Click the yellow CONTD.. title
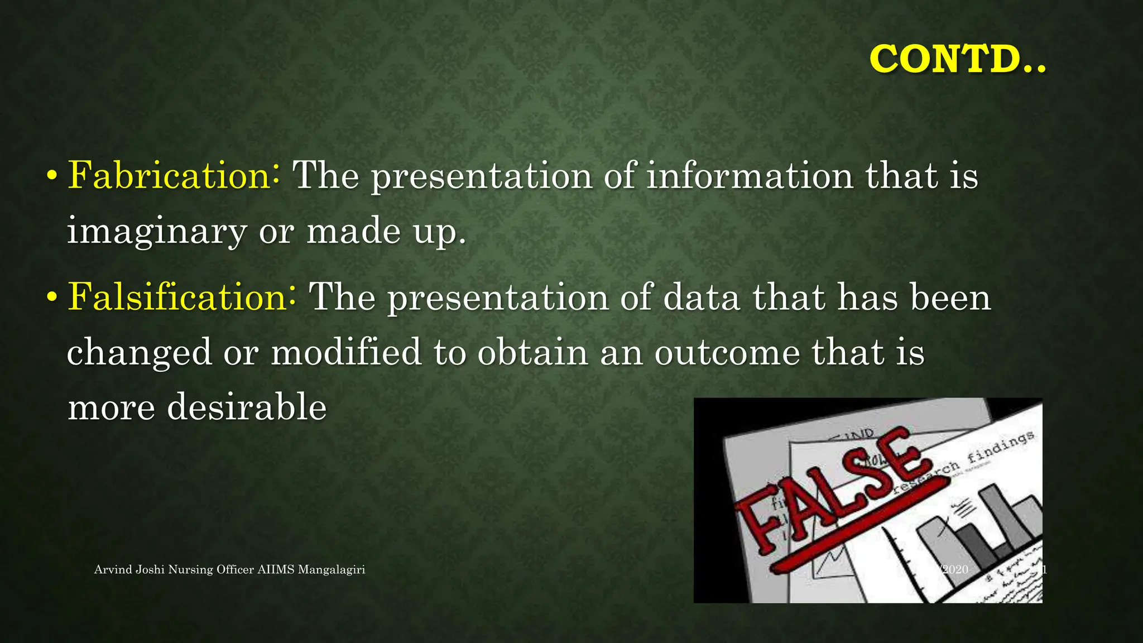point(957,59)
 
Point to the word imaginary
point(157,231)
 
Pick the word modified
point(346,352)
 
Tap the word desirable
point(247,406)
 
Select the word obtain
point(532,352)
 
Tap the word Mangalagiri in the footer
point(332,569)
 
